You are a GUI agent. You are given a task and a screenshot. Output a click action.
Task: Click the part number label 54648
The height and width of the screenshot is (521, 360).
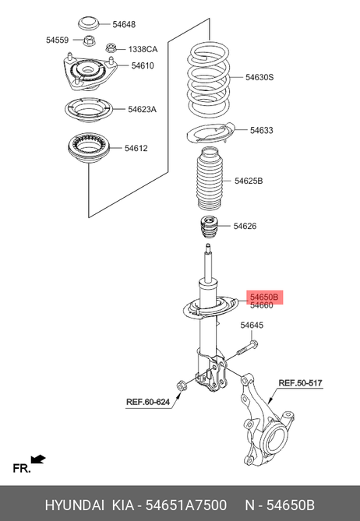124,24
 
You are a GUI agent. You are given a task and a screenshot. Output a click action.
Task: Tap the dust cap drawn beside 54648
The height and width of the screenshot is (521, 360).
88,23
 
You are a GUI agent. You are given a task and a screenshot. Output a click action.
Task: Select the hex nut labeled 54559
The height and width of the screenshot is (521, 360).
90,40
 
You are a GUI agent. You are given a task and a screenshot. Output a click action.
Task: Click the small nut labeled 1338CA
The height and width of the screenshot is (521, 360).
111,48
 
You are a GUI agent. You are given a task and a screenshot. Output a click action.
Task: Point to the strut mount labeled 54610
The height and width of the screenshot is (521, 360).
88,72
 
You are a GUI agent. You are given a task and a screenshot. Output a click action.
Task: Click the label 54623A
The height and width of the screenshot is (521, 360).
142,109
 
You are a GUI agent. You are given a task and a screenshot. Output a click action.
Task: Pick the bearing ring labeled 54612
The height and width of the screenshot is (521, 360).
88,148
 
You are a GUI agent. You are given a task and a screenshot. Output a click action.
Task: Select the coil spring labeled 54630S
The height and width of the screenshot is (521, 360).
208,79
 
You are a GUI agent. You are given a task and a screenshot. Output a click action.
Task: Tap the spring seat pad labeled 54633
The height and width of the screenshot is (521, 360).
210,133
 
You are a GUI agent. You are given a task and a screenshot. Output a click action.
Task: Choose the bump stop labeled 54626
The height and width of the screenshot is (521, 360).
208,227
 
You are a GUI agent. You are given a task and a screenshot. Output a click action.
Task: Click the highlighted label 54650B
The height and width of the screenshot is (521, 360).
264,297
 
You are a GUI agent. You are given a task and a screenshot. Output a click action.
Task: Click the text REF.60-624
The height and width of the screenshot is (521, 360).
148,402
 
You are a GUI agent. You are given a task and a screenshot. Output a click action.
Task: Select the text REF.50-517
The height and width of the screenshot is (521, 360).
300,383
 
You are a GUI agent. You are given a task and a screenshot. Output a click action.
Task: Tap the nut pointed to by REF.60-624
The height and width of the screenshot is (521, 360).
181,385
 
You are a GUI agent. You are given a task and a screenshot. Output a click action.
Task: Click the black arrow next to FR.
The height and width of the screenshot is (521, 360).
38,459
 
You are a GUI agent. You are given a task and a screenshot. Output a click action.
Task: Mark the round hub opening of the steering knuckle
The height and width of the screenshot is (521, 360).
274,438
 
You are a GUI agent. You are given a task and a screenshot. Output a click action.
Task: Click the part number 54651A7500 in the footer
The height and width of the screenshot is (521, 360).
186,505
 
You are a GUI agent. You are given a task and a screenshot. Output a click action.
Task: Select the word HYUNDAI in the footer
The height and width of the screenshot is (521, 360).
75,505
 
